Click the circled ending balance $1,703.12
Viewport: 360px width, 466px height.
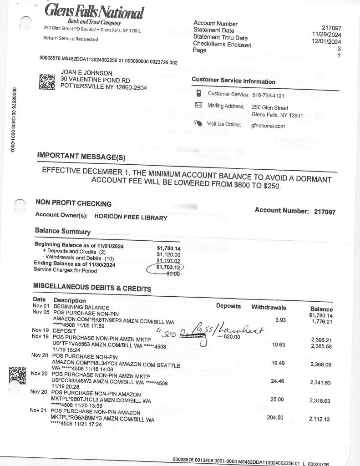click(x=168, y=267)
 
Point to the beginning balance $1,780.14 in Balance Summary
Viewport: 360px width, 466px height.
click(x=168, y=248)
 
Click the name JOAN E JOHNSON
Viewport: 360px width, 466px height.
click(x=86, y=72)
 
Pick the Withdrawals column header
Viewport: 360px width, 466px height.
click(x=269, y=307)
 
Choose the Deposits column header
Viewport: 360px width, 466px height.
click(x=228, y=306)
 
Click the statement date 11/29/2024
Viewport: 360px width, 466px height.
click(x=327, y=34)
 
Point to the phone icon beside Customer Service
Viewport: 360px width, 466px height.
click(x=198, y=94)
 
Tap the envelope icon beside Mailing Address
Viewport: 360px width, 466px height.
click(x=198, y=105)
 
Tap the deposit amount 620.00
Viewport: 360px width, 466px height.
click(x=229, y=337)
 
